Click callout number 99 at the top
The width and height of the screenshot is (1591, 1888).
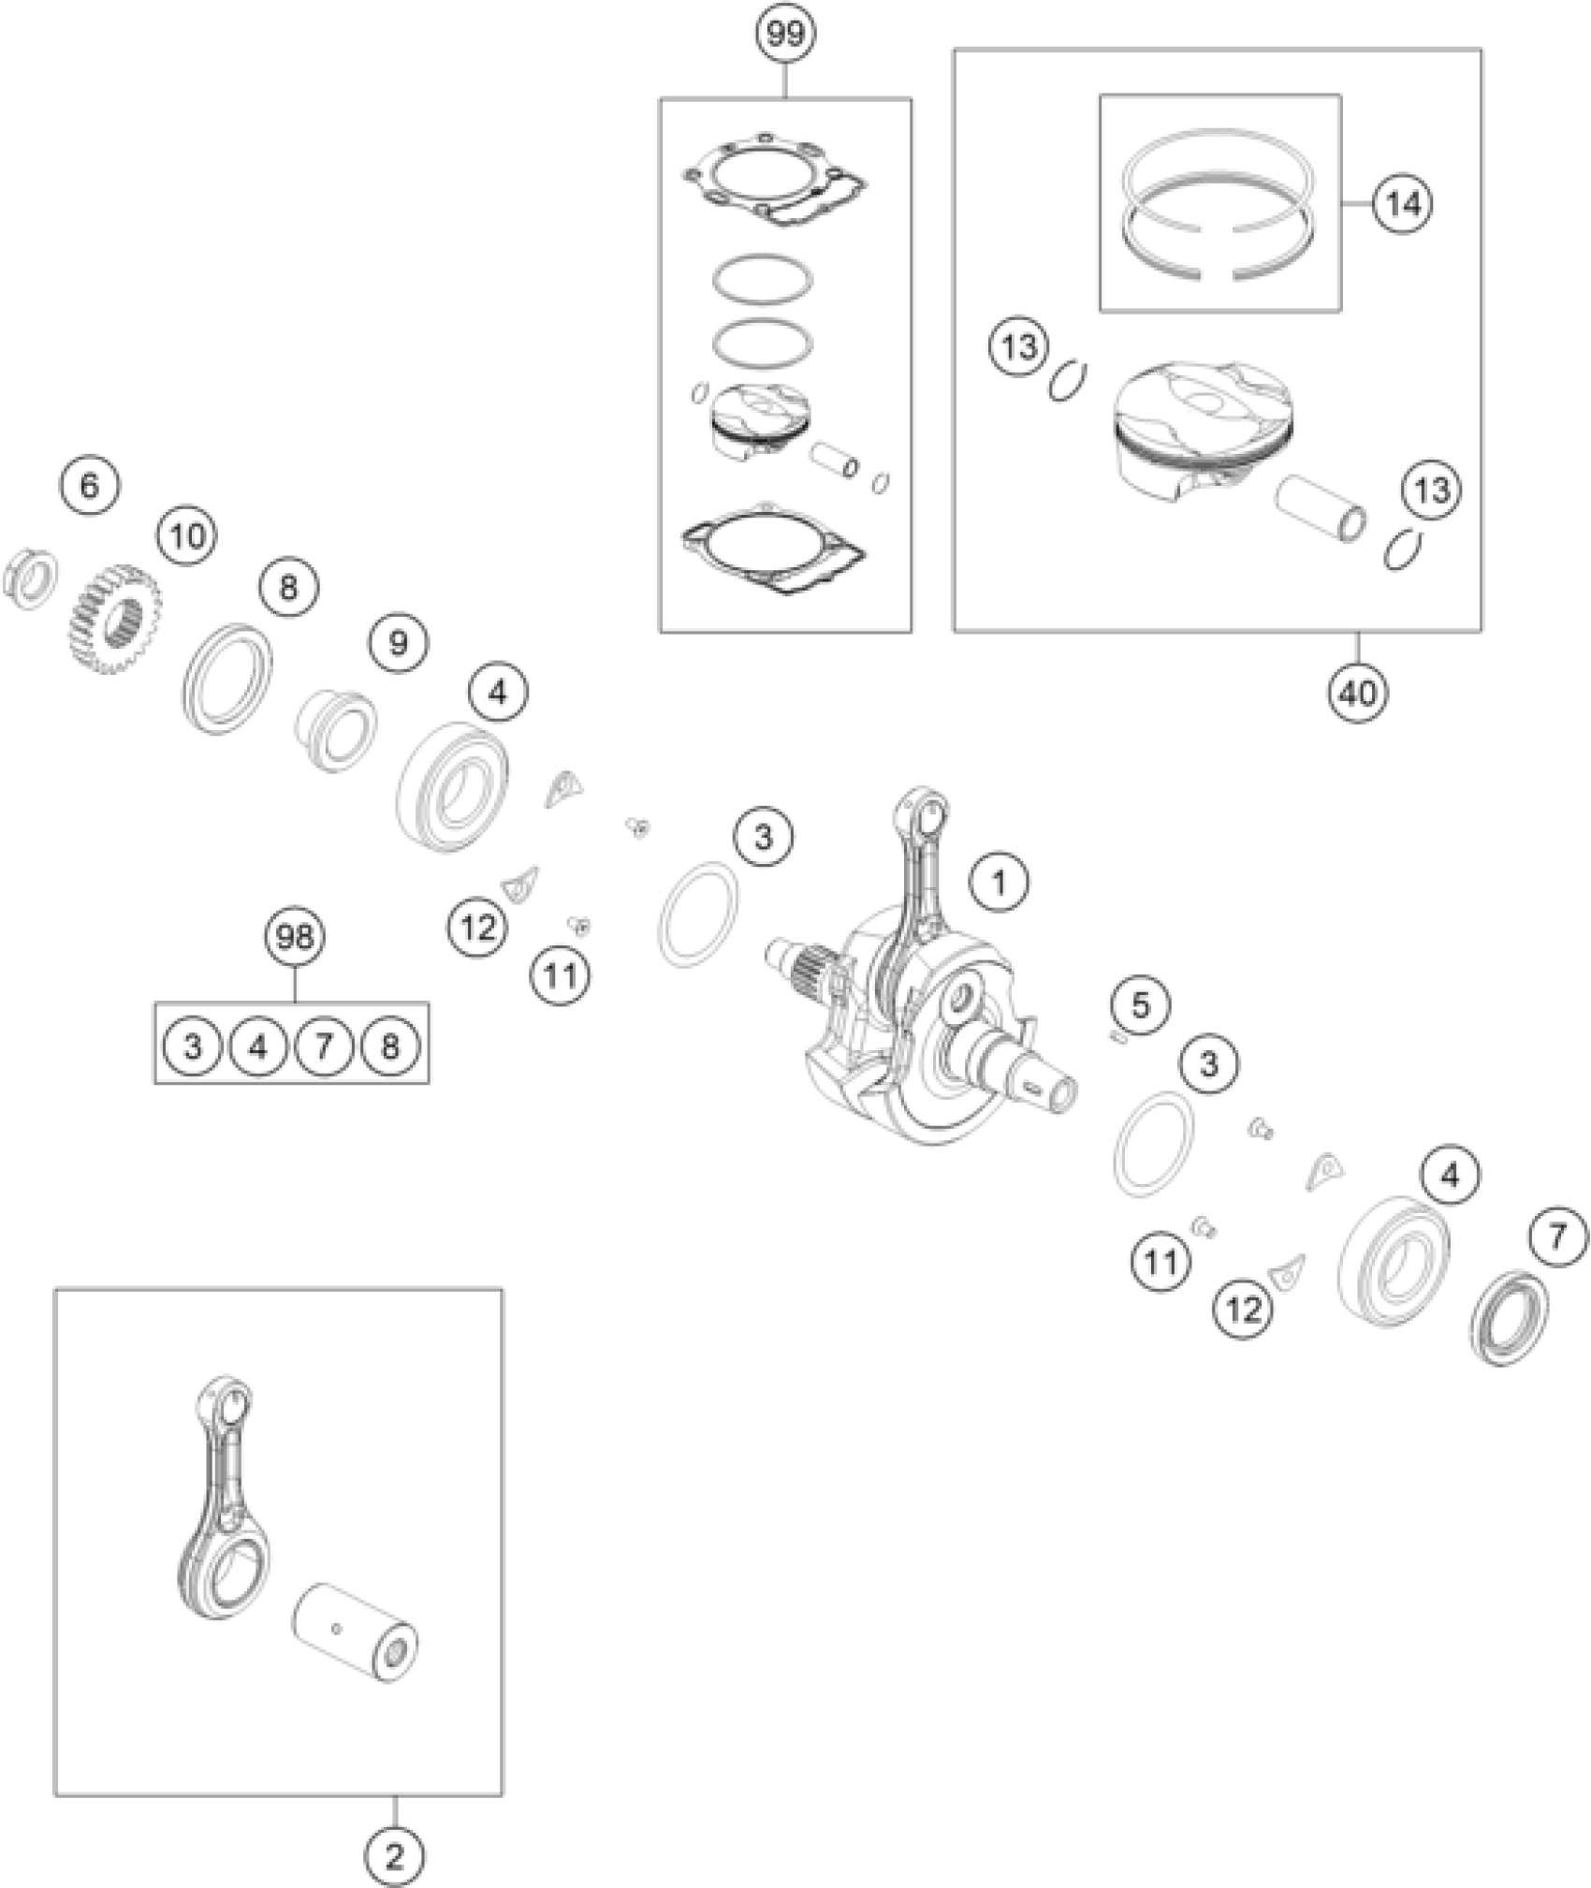786,35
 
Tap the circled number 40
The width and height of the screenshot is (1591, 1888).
1358,694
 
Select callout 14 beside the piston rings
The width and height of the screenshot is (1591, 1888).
1403,203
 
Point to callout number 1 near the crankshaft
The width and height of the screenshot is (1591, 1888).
999,881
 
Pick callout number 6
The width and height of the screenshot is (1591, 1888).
89,487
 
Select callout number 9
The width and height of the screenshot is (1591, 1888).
398,643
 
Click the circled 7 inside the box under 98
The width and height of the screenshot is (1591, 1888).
324,1045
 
